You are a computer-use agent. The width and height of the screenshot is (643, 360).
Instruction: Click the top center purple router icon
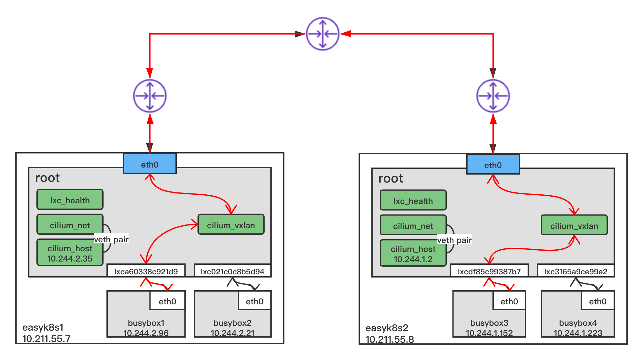tap(322, 34)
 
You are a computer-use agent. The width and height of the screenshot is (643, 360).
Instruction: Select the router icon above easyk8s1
tap(150, 96)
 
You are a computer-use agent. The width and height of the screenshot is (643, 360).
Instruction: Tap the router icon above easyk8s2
tap(493, 96)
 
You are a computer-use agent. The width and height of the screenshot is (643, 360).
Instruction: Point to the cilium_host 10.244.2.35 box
tap(70, 253)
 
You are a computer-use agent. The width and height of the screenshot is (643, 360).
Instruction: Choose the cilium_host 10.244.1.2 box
tap(413, 254)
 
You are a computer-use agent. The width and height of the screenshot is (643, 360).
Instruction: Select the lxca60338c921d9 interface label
tap(146, 271)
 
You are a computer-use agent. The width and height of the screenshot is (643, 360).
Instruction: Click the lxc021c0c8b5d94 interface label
tap(233, 271)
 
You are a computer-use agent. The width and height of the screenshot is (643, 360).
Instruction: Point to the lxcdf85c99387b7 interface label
tap(489, 271)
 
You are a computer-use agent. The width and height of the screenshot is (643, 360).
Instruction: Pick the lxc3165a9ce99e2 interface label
tap(576, 271)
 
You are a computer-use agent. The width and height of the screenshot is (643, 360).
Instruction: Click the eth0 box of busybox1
tap(167, 301)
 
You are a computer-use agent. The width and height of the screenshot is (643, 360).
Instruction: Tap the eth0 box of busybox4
tap(598, 301)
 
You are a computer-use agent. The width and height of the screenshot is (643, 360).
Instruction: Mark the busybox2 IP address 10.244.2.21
tap(233, 333)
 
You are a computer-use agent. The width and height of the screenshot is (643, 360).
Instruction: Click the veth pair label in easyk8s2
tap(454, 240)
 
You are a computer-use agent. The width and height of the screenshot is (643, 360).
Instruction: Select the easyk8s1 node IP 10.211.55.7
tap(46, 339)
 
